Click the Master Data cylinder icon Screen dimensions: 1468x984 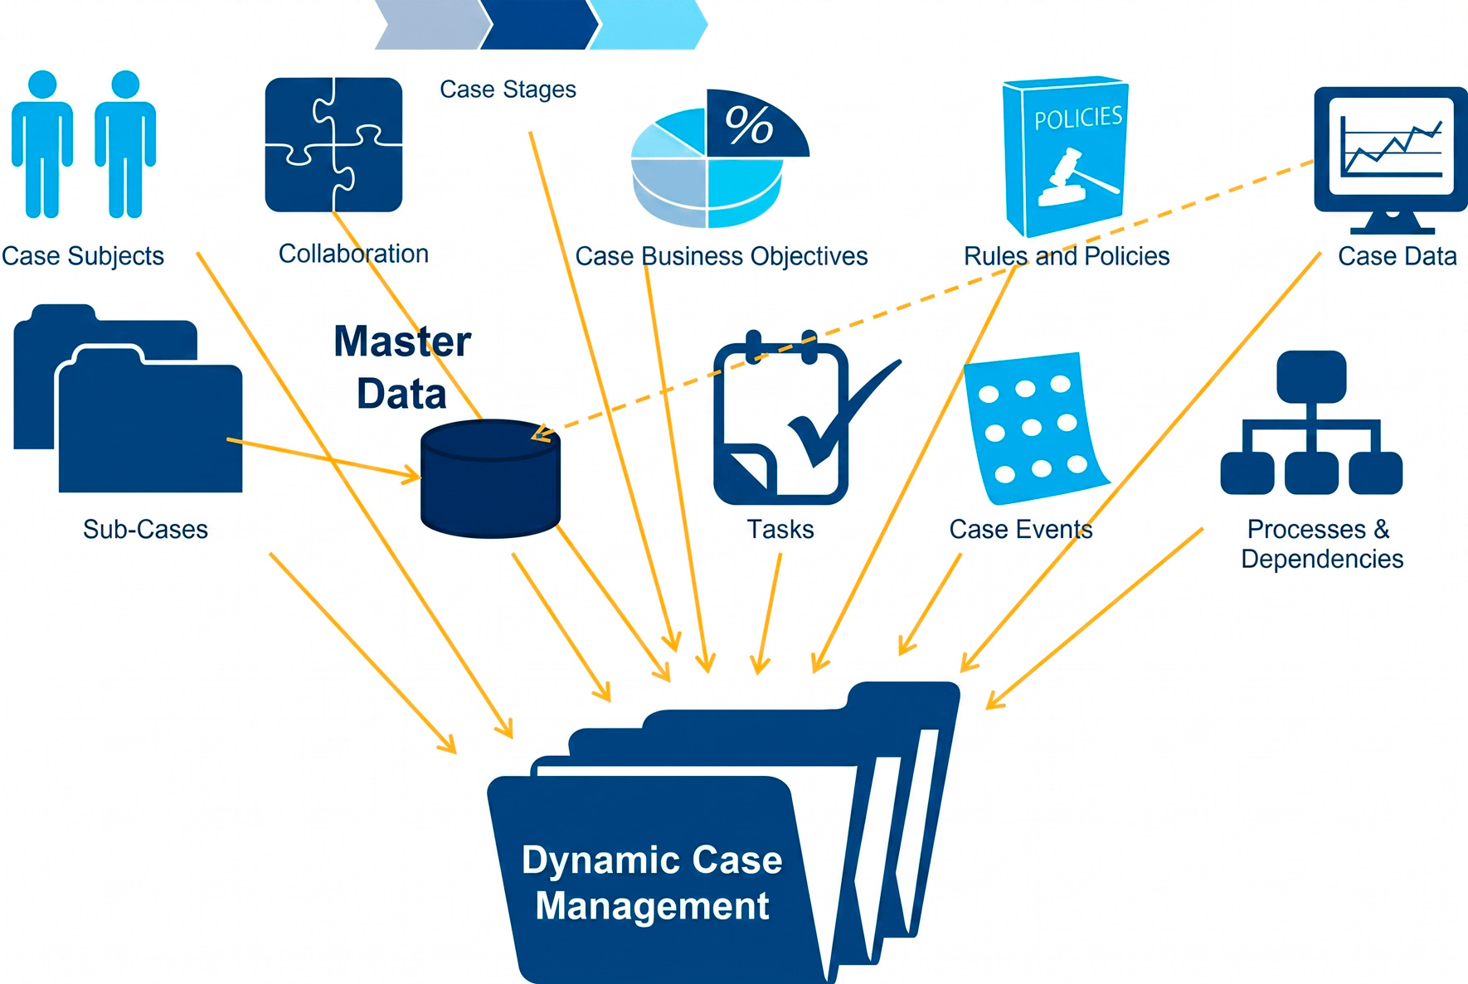pyautogui.click(x=490, y=478)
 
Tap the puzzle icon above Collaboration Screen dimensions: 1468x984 pyautogui.click(x=333, y=144)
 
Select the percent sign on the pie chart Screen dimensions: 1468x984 pyautogui.click(x=749, y=125)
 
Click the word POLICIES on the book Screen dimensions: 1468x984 pyautogui.click(x=1078, y=119)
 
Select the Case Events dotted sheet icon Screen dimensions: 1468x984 pyautogui.click(x=1036, y=429)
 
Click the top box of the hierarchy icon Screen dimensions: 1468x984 pyautogui.click(x=1311, y=376)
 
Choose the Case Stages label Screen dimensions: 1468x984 pyautogui.click(x=508, y=90)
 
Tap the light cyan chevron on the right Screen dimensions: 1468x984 pyautogui.click(x=648, y=25)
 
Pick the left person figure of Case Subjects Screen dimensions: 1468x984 pyautogui.click(x=42, y=144)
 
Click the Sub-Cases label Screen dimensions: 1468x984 pyautogui.click(x=145, y=529)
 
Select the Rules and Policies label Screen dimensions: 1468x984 pyautogui.click(x=1067, y=256)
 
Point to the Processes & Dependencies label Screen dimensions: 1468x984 pyautogui.click(x=1321, y=544)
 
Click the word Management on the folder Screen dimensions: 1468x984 pyautogui.click(x=652, y=906)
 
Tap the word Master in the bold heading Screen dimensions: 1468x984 pyautogui.click(x=402, y=342)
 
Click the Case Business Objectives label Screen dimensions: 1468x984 pyautogui.click(x=722, y=256)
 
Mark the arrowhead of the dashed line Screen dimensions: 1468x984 pyautogui.click(x=540, y=434)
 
